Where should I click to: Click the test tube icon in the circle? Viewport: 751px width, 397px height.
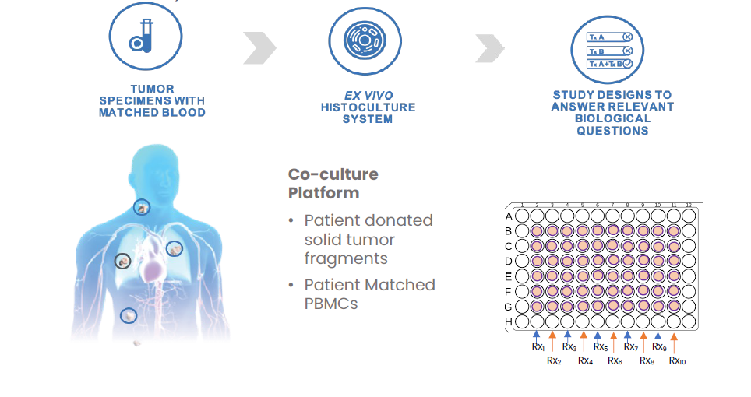(145, 37)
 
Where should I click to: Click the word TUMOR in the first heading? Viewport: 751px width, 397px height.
(153, 89)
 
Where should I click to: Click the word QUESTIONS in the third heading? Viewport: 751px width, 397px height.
(612, 131)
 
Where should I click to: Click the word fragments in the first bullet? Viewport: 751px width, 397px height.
(346, 258)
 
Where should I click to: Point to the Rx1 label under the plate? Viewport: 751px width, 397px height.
(538, 346)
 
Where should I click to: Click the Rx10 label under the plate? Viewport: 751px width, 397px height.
(677, 360)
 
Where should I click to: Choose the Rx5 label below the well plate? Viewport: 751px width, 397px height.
(600, 346)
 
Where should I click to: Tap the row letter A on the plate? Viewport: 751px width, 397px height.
(509, 216)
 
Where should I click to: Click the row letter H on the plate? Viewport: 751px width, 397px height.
(509, 321)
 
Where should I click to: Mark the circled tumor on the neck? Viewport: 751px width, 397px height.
(141, 207)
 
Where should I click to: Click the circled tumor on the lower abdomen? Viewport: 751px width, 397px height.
(129, 315)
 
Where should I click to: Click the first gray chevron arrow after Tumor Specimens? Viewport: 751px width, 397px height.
(259, 48)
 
